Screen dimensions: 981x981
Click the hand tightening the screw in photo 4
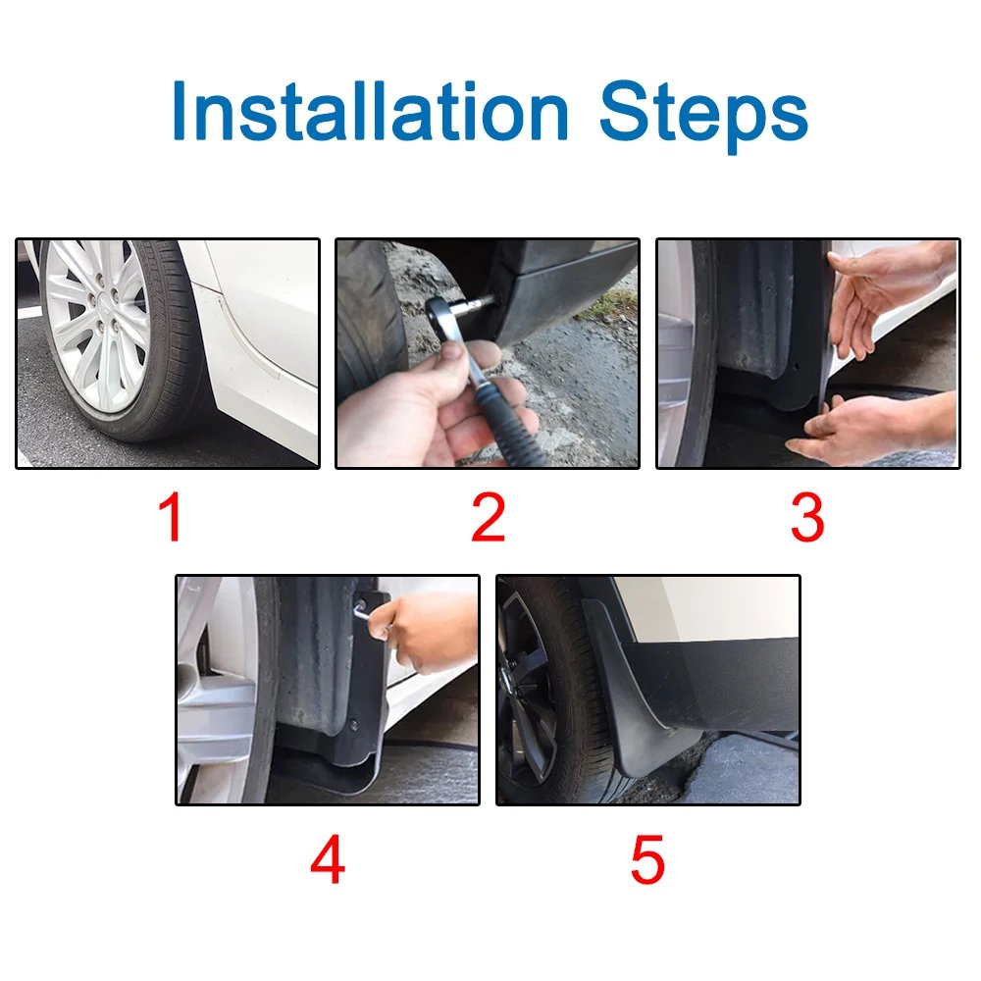coord(427,628)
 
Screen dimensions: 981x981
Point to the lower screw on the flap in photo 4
coord(352,727)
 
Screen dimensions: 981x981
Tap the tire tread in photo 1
coord(181,334)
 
